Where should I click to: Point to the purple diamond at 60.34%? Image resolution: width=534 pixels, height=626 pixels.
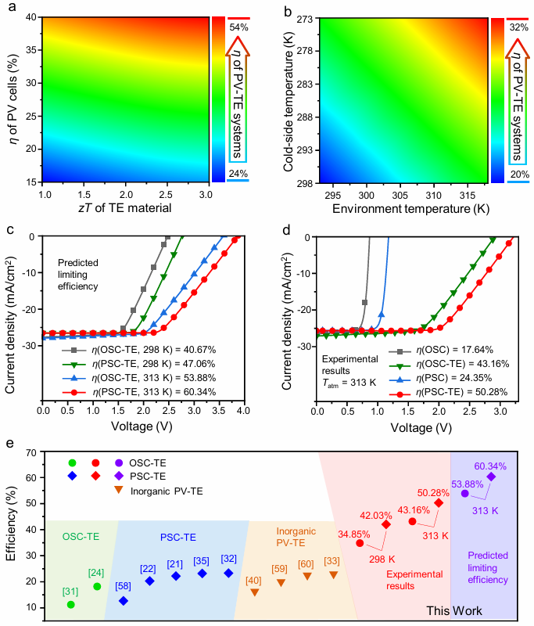click(x=491, y=477)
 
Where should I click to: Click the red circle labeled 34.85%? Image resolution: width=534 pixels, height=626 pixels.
click(x=360, y=543)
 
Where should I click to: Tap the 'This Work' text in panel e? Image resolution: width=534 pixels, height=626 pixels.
click(x=453, y=610)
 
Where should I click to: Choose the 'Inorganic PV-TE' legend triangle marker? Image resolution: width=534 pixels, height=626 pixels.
click(x=119, y=490)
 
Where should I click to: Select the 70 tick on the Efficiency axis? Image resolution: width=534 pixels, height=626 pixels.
click(x=32, y=452)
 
